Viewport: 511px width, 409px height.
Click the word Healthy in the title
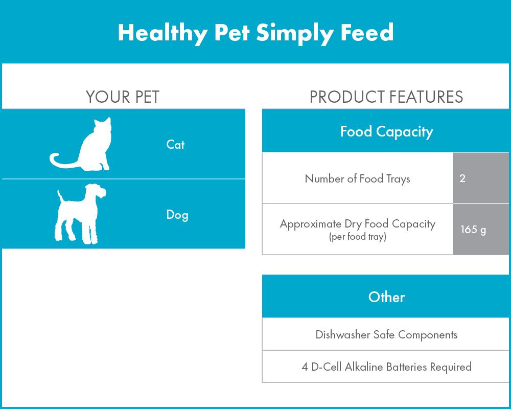pos(162,33)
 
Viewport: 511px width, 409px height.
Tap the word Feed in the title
pos(367,32)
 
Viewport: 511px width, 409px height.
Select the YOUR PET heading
pos(123,97)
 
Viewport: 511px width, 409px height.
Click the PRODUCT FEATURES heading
pos(386,97)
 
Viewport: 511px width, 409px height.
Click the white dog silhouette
pos(80,214)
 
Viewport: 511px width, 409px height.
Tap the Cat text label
pos(175,145)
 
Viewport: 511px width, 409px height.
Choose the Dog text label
pos(177,215)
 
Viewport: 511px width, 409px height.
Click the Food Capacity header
pos(386,132)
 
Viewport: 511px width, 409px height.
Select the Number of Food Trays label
pos(357,179)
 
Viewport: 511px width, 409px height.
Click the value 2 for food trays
pos(462,178)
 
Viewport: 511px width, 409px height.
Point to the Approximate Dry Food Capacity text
pos(358,224)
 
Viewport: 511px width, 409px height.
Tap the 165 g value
pos(473,230)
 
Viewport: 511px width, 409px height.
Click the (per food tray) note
pos(358,237)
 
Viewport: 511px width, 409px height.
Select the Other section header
pos(386,297)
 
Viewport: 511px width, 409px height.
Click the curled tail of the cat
pos(60,162)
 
